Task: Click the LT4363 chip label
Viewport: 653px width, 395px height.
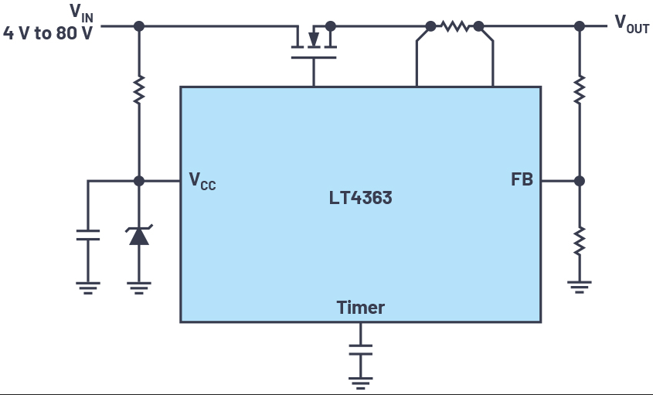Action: [x=360, y=198]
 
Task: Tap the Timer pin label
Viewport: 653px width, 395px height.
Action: [x=361, y=308]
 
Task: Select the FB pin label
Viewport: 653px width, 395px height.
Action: [x=522, y=179]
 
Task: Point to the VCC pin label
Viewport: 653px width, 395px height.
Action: [x=202, y=181]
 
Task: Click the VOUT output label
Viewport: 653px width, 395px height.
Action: [x=632, y=23]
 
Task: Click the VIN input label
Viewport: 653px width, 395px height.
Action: [x=82, y=12]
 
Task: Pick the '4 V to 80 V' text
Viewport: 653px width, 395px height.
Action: [x=47, y=33]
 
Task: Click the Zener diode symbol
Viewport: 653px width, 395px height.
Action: [x=139, y=235]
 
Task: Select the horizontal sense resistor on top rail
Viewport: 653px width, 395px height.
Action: [x=454, y=26]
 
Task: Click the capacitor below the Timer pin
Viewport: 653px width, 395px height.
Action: [x=361, y=349]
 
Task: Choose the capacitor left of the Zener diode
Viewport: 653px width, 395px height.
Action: [x=88, y=235]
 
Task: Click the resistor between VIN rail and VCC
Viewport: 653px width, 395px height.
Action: [x=139, y=90]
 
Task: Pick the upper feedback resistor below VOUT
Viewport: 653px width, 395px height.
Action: [x=580, y=90]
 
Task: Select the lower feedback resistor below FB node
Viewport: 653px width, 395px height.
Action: [x=580, y=241]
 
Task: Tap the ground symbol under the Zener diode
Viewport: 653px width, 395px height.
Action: [x=139, y=288]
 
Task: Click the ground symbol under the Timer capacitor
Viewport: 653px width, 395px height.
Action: [x=361, y=383]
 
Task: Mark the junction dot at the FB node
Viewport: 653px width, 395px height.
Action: [x=580, y=181]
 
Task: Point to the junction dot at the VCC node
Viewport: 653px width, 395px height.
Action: [x=139, y=181]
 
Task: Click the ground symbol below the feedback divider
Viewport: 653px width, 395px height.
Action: [x=580, y=288]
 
